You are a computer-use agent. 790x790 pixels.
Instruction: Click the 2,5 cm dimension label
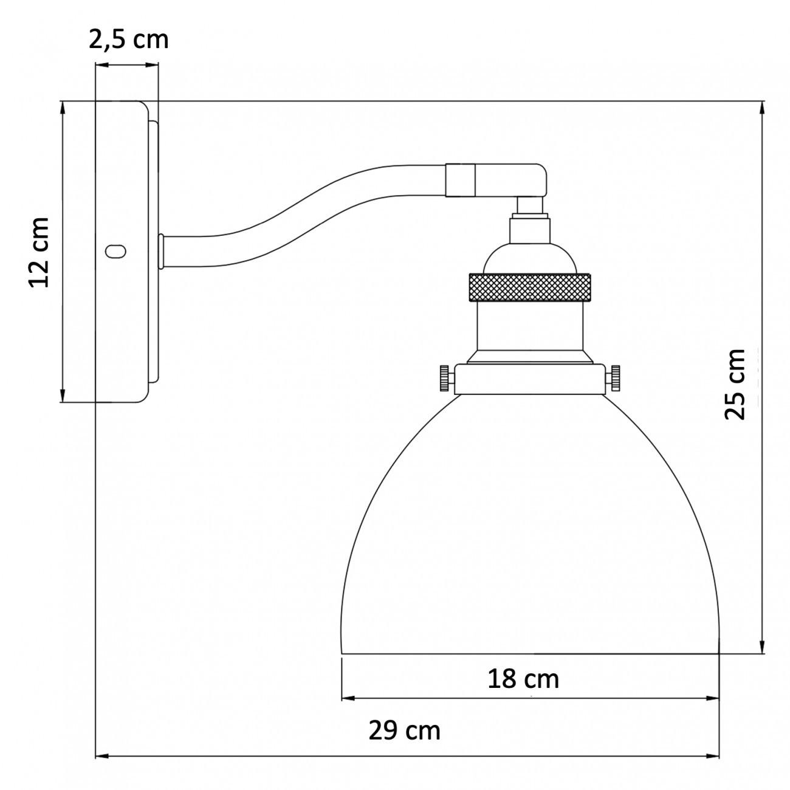point(128,39)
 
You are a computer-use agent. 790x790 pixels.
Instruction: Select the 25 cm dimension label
point(735,384)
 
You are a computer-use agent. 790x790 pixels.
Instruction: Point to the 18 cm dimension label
point(523,679)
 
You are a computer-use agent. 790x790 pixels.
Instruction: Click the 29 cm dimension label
point(404,730)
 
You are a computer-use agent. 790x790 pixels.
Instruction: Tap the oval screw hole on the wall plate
point(115,251)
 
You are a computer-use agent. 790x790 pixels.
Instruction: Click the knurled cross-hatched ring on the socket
point(530,287)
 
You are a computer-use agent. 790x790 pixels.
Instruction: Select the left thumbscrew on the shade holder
point(445,379)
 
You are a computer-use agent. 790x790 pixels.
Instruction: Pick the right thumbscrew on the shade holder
point(616,379)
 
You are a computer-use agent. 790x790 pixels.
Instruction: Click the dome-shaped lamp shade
point(530,535)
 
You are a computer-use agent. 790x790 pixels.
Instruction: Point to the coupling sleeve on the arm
point(460,180)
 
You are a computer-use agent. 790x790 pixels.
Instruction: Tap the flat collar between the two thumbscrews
point(530,379)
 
